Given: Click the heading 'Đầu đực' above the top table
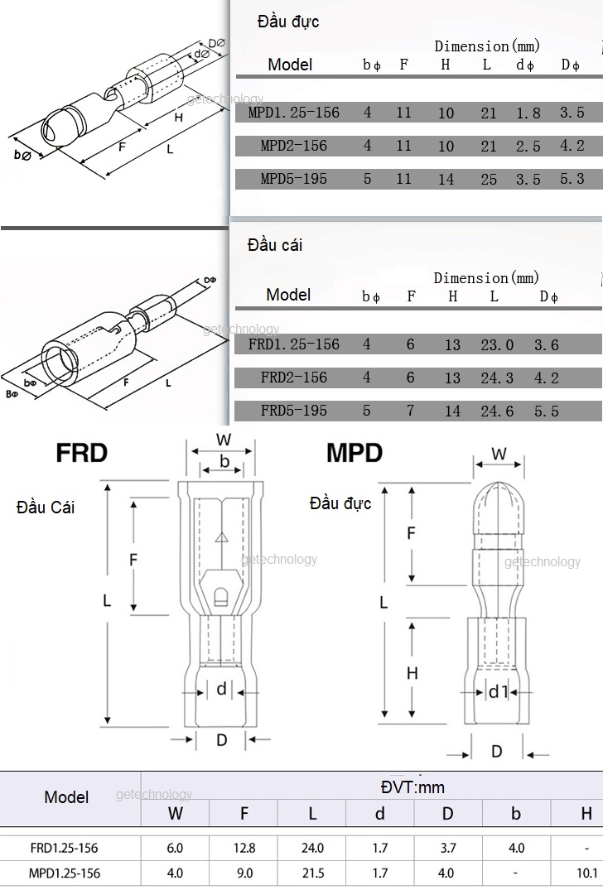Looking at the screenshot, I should coord(287,22).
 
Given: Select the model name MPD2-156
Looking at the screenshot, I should coord(293,146).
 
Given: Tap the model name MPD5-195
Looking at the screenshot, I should coord(293,179).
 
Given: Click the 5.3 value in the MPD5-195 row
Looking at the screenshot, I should coord(572,179).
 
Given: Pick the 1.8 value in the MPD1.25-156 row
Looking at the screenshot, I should coord(528,113).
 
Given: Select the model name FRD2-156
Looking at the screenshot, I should coord(293,378).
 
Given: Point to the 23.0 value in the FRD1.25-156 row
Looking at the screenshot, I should coord(497,345).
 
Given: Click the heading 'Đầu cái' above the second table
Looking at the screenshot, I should coord(275,245).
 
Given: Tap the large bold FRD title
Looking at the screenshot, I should coord(81,453).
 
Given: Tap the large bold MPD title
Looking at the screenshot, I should coord(354,453).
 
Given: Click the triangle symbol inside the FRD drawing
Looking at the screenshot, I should coord(221,538).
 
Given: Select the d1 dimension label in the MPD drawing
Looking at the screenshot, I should coord(496,691).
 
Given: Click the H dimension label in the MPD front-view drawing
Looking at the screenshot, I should coord(412,674).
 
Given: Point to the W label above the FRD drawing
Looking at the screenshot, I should coord(223,439).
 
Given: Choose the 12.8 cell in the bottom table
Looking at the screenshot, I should coord(244,849).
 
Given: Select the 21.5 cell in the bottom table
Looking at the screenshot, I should coord(312,873).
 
